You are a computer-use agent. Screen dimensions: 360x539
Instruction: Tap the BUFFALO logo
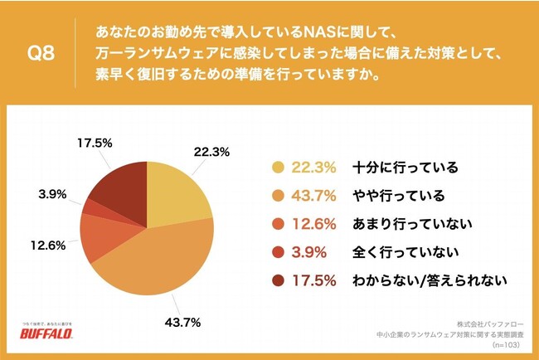[x=51, y=338]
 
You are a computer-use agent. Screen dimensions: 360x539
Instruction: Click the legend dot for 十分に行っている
[x=279, y=167]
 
